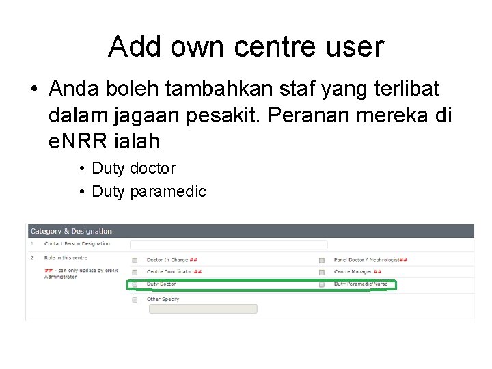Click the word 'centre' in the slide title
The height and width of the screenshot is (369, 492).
point(275,48)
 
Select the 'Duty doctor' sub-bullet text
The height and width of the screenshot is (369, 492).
point(133,168)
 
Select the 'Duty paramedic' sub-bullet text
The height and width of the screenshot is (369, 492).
point(148,191)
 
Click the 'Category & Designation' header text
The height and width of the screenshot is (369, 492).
point(70,232)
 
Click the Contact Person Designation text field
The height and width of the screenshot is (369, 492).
point(228,244)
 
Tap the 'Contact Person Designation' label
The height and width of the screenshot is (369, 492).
point(77,244)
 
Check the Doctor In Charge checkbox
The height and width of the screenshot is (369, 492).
point(135,260)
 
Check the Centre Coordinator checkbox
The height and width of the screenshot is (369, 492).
point(135,272)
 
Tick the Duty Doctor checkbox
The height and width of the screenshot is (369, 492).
point(135,284)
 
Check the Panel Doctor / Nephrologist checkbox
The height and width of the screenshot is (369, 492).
point(322,260)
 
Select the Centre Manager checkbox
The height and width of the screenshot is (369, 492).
point(322,272)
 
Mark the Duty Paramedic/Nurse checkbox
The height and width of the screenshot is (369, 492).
point(322,284)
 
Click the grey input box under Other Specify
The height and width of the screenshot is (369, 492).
point(202,309)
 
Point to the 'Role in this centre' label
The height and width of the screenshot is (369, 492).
point(66,258)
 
